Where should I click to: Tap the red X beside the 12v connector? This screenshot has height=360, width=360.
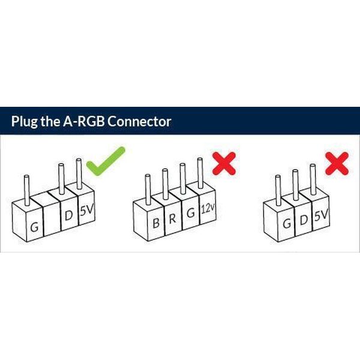point(223,162)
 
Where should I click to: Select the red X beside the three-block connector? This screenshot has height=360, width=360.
point(337,163)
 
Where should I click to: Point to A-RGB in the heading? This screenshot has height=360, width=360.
point(83,121)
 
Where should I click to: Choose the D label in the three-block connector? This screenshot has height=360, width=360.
point(304,220)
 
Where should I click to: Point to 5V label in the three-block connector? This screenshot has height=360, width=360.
point(320,214)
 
